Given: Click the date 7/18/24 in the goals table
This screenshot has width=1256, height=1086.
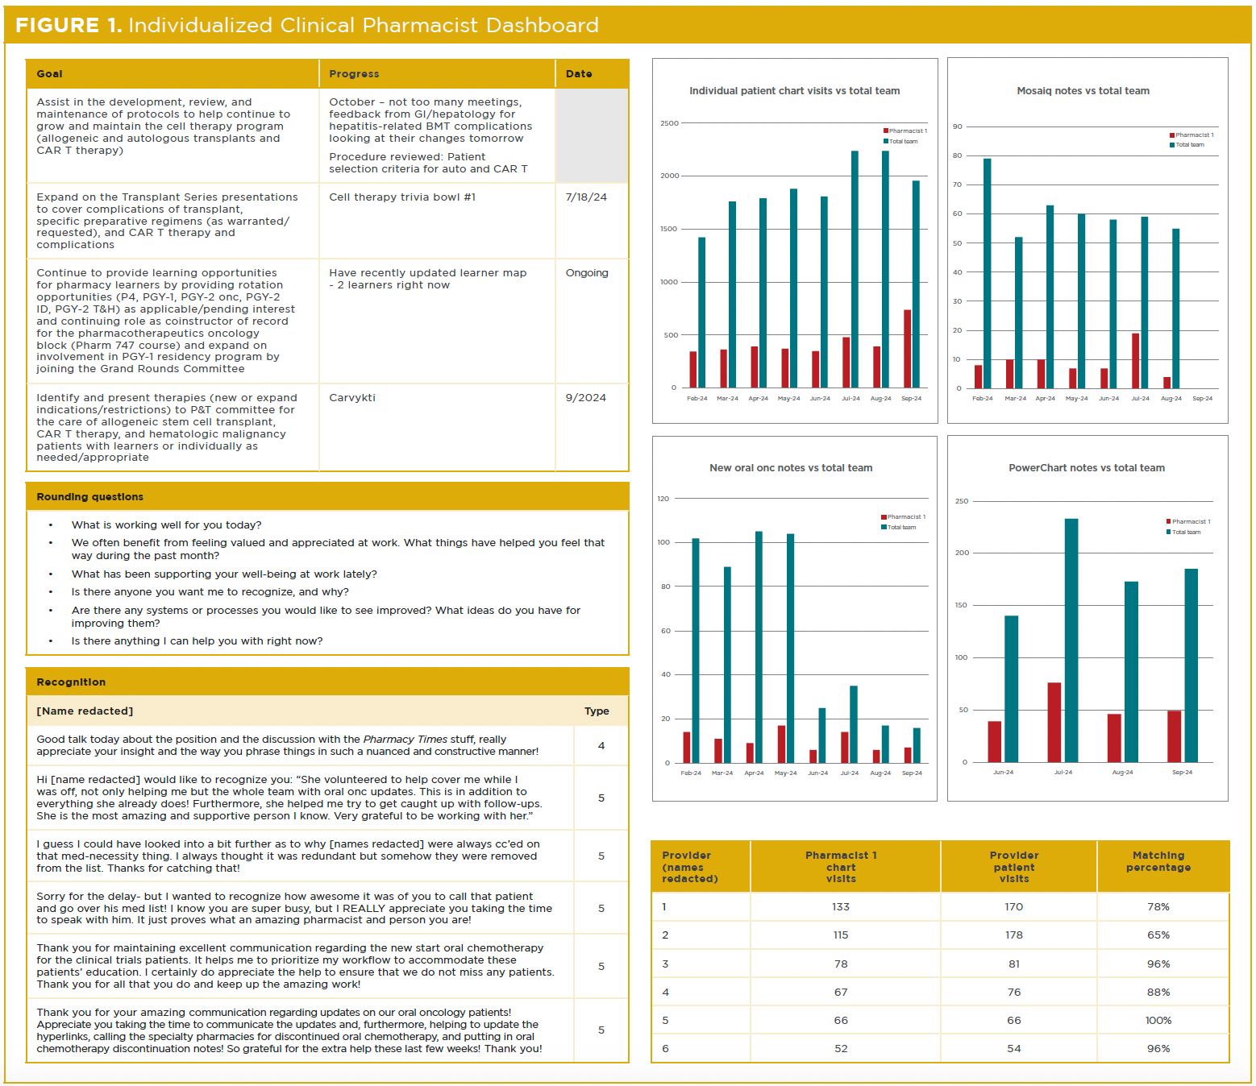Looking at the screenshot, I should click(586, 197).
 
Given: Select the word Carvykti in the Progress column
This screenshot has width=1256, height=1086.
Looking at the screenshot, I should click(352, 398).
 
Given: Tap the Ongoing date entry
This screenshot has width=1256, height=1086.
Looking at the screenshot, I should click(587, 273).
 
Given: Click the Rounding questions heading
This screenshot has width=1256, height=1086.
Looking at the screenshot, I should click(90, 497).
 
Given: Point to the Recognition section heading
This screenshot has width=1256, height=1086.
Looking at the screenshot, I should click(71, 682).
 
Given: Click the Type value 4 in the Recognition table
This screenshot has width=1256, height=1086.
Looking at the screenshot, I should click(601, 746).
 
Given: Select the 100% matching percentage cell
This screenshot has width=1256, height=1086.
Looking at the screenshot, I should click(1158, 1021).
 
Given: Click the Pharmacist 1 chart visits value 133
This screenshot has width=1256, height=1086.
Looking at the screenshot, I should click(841, 907).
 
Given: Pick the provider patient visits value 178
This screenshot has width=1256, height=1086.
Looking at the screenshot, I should click(1014, 935).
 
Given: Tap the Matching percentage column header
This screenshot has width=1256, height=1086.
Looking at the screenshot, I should click(1158, 861).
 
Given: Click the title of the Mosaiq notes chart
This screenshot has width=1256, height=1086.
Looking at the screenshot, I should click(1083, 91).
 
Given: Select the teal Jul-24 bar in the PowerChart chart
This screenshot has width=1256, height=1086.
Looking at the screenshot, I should click(1071, 640).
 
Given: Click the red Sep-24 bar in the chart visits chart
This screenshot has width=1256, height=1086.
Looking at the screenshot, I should click(908, 349).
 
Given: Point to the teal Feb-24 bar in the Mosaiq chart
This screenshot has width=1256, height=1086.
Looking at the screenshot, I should click(988, 274).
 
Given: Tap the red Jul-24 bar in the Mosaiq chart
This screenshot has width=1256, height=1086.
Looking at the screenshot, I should click(1136, 361).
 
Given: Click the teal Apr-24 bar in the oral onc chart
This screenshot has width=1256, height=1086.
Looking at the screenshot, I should click(759, 647).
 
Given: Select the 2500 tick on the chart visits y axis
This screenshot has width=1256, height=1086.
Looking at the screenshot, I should click(669, 123).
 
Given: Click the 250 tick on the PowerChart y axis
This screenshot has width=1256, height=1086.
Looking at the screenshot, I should click(962, 501).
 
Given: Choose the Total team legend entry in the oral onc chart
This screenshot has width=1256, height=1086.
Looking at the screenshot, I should click(901, 528).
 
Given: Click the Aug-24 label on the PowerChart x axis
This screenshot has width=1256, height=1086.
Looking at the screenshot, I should click(1122, 773).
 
